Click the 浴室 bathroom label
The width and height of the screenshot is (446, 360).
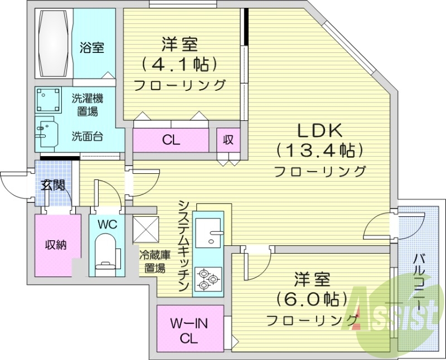91,48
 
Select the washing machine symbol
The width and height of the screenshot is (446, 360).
49,101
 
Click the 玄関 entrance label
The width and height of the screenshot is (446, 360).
54,184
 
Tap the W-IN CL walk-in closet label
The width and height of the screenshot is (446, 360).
190,330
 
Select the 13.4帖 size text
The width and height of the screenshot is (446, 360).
319,150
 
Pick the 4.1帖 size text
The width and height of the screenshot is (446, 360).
178,65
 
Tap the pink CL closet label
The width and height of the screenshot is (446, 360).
171,140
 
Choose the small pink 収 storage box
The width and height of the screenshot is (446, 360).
228,140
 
